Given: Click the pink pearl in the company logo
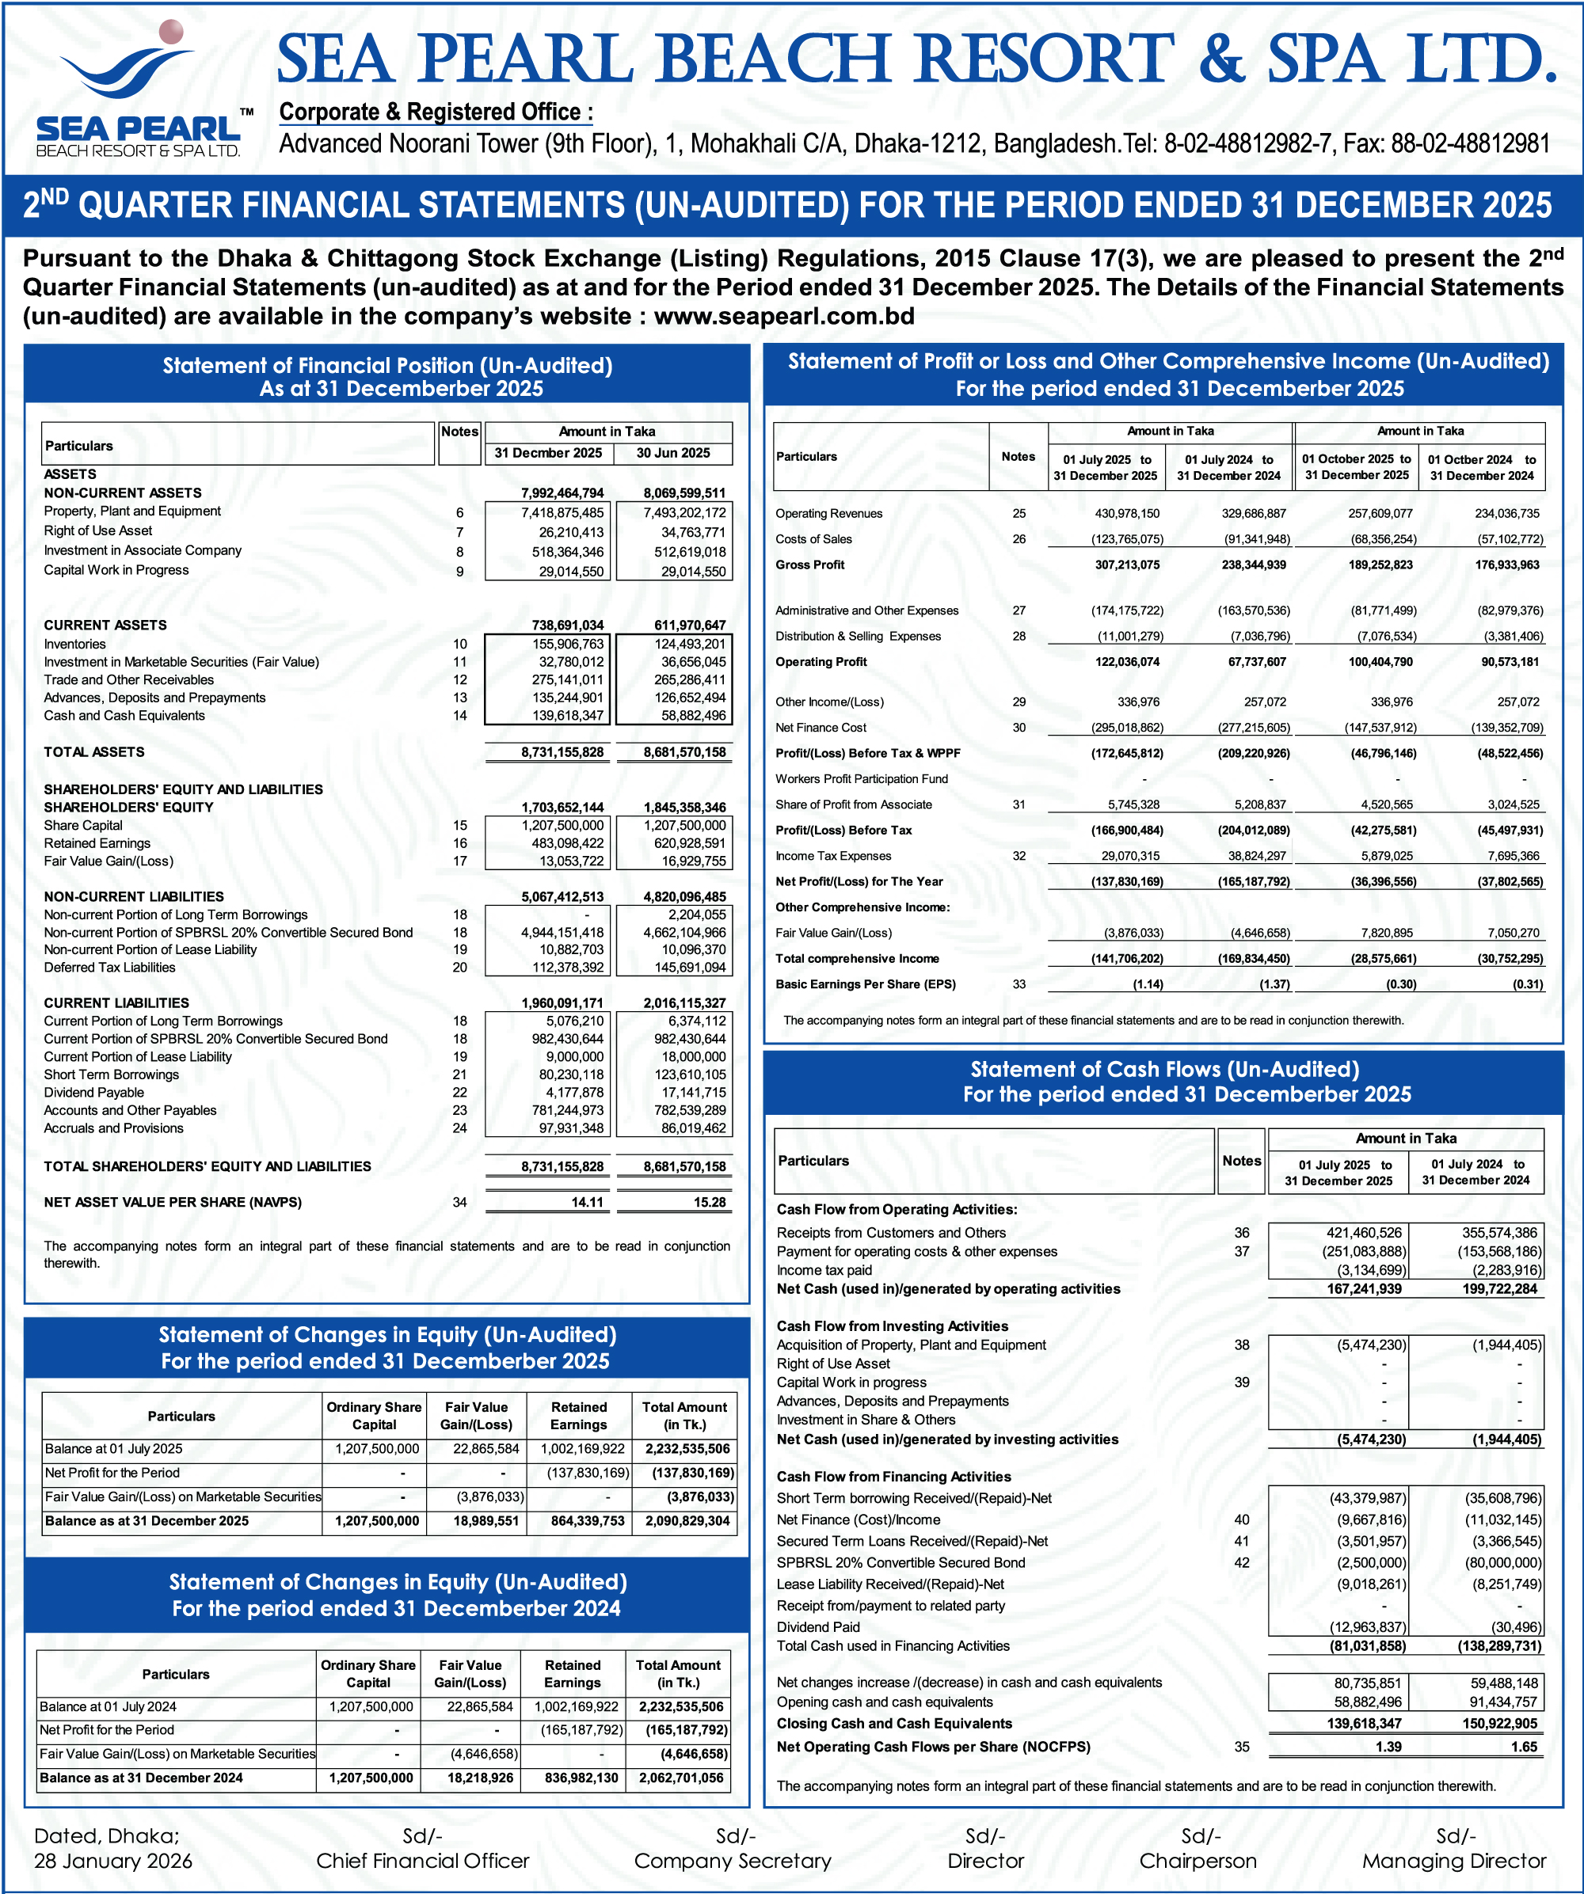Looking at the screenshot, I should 170,32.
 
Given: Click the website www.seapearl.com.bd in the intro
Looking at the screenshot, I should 784,317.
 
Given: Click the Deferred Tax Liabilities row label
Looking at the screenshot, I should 109,968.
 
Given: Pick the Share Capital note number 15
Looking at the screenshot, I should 460,825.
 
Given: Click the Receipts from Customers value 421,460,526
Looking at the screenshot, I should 1364,1233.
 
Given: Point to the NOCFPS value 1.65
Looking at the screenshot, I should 1524,1747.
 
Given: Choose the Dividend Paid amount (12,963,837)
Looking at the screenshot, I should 1368,1627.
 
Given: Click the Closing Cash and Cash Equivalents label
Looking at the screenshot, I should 894,1724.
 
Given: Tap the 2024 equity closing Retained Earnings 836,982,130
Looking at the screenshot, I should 572,1778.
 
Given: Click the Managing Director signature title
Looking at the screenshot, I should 1453,1861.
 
